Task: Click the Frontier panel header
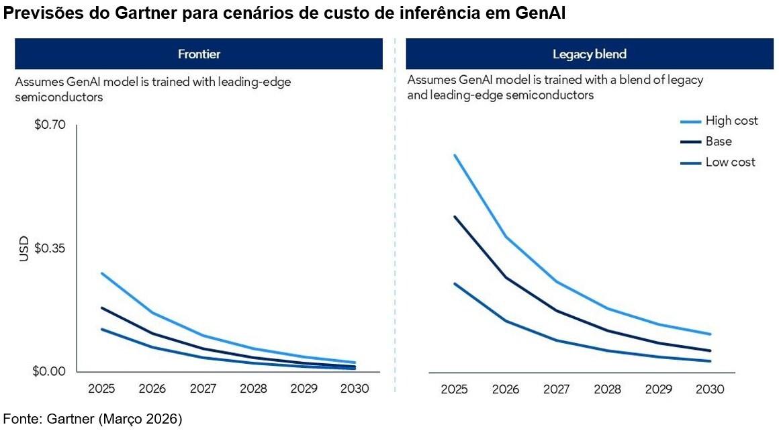[x=199, y=54]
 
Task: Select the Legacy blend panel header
[x=589, y=54]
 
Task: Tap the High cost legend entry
[x=731, y=121]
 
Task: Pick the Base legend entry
[x=718, y=142]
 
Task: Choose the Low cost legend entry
[x=729, y=162]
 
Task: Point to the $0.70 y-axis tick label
[x=50, y=126]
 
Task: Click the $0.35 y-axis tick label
[x=50, y=248]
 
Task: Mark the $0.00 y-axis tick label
[x=50, y=372]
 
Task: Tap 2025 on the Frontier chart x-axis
[x=101, y=389]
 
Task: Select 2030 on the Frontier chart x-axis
[x=355, y=389]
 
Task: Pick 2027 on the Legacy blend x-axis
[x=555, y=389]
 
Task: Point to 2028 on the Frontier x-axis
[x=253, y=389]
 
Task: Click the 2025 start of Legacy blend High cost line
[x=455, y=155]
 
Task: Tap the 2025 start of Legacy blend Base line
[x=455, y=217]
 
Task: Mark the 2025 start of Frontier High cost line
[x=101, y=273]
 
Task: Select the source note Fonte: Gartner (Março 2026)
[x=93, y=420]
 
